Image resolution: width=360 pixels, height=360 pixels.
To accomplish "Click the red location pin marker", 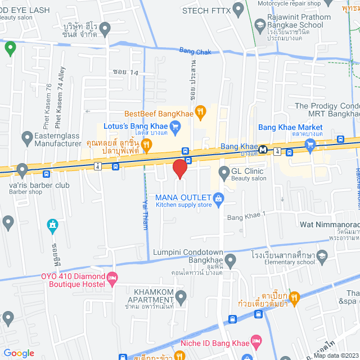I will [179, 168].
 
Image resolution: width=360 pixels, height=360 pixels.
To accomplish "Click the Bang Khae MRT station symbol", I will [263, 151].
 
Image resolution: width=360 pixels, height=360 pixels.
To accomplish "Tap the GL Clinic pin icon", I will [223, 171].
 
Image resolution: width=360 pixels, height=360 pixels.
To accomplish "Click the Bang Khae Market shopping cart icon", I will [309, 144].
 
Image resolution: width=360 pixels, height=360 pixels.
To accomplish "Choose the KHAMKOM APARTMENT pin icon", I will [181, 296].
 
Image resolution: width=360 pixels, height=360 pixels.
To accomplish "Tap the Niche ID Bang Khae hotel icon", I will [256, 340].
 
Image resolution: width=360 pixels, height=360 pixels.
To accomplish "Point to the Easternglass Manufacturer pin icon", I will [27, 137].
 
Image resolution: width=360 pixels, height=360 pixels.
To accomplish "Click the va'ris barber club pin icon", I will [22, 168].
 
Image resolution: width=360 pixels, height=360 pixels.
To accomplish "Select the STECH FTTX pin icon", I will [238, 9].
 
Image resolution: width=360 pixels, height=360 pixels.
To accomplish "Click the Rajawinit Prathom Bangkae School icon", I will [260, 24].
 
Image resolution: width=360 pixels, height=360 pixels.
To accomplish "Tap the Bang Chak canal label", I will [195, 51].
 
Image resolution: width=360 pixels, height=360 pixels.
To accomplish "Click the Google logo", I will [18, 353].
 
